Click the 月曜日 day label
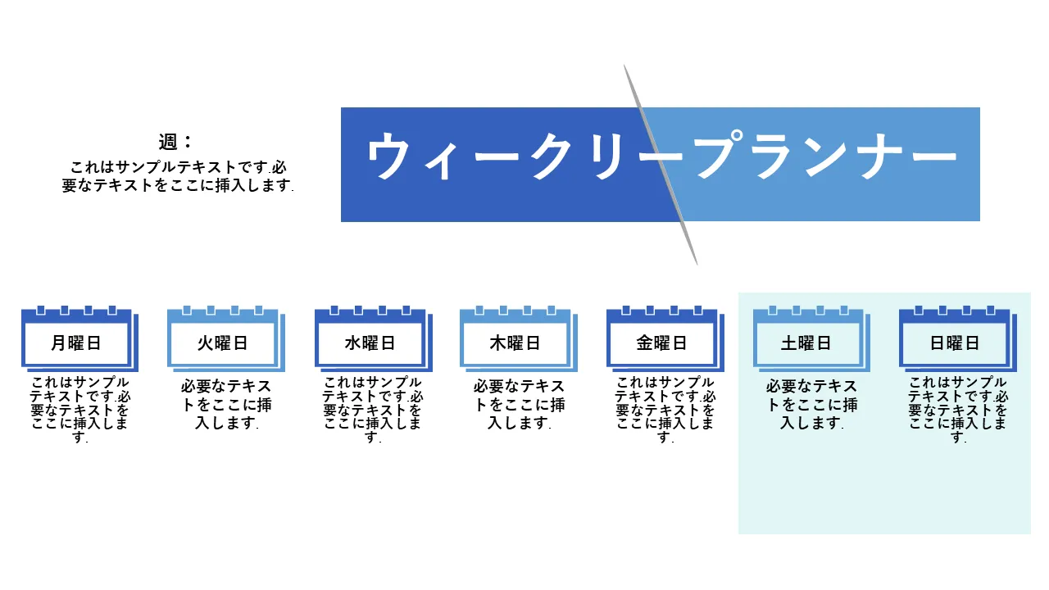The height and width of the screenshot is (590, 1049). coord(76,343)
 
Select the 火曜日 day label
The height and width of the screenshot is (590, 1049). coord(222,343)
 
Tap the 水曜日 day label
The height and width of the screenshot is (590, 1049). coord(370,343)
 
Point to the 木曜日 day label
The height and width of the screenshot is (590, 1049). coord(515,343)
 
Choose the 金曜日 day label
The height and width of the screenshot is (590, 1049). coord(661,343)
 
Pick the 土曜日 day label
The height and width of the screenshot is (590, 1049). coord(806,343)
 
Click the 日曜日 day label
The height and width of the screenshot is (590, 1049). coord(955,343)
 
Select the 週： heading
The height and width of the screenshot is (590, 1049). coord(175,142)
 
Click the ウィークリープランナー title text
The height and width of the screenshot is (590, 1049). coord(661,156)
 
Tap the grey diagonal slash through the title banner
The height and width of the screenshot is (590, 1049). coord(661,165)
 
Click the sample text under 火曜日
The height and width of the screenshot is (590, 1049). coord(226,405)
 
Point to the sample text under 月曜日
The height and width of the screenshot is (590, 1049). coord(80,410)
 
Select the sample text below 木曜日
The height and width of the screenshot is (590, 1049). coord(519,405)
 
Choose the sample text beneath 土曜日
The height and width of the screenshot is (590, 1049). coord(811,405)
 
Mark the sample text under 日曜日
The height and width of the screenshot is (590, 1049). coord(958,410)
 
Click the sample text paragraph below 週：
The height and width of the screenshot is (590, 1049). coord(178,176)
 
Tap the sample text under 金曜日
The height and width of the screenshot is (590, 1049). coord(665,410)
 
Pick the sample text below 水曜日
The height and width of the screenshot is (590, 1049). coord(373,410)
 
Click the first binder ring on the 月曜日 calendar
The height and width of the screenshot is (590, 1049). coord(41,310)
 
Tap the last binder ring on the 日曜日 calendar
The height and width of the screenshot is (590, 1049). coord(991,310)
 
